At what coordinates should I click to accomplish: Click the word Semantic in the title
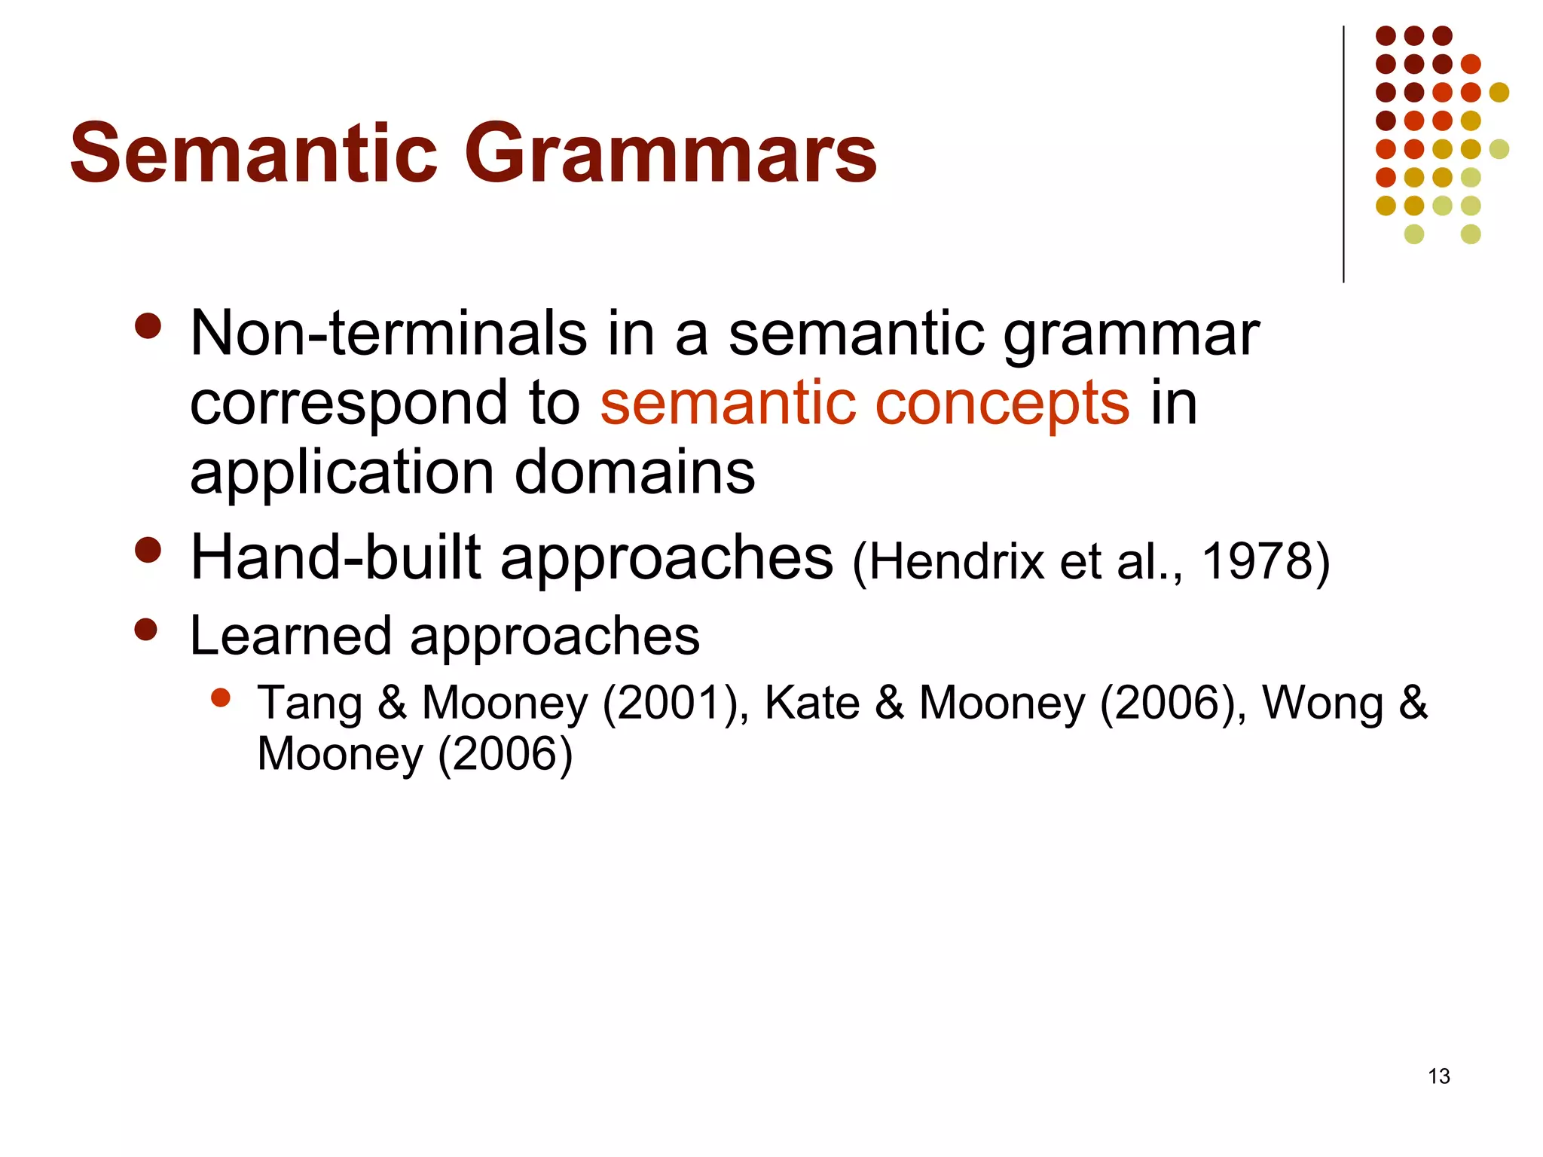point(254,154)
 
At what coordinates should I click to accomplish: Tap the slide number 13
point(1438,1076)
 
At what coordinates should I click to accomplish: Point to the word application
point(341,473)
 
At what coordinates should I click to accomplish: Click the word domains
point(634,473)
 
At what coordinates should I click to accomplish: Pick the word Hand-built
point(335,558)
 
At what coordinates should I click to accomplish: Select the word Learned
point(290,637)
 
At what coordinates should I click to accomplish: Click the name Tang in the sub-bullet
point(310,704)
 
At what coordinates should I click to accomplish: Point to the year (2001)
point(671,704)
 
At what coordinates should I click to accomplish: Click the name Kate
point(811,704)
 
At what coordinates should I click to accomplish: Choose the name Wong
point(1323,704)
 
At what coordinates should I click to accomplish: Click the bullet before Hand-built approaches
point(148,550)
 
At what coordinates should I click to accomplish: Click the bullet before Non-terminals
point(148,326)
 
